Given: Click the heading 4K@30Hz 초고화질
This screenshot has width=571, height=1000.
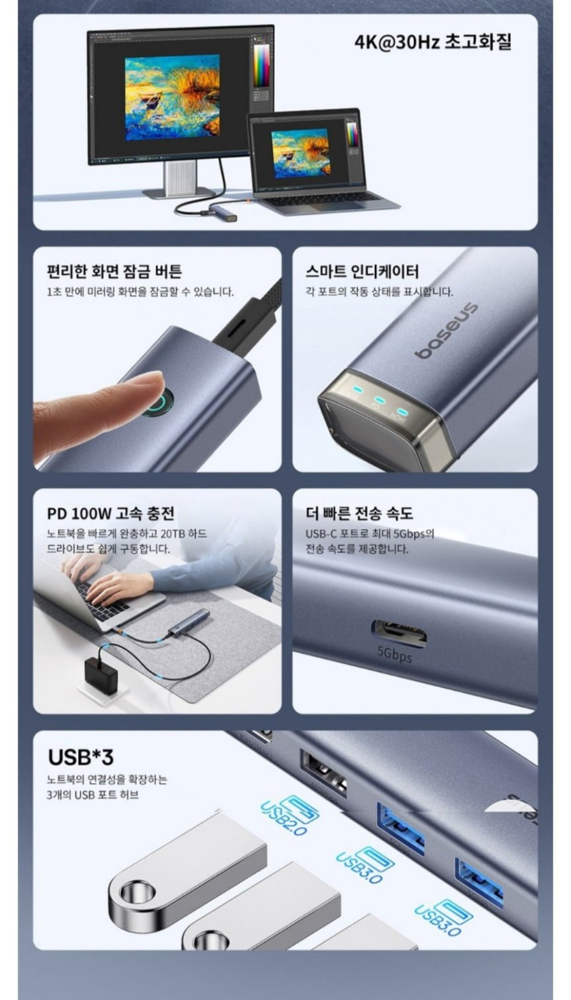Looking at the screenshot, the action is coord(432,42).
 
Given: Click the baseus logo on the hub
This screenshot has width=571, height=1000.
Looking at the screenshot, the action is coord(446,331).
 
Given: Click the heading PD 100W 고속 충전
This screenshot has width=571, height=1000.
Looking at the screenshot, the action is coord(111,513).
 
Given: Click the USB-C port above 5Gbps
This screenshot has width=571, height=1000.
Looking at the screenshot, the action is coord(399,633).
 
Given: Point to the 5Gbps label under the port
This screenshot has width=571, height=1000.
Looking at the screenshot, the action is coord(395,655).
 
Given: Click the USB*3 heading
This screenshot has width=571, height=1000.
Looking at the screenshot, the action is coord(81,757).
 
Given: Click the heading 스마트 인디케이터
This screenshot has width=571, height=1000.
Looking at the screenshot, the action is coord(362,272).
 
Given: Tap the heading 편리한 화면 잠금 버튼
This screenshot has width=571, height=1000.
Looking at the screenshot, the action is coord(114,272).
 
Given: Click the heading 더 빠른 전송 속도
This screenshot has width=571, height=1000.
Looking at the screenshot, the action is coord(359,513).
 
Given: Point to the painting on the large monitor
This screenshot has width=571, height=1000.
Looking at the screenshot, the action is coord(172,97).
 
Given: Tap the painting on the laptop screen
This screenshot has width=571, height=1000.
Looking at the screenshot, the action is coord(301,152).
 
